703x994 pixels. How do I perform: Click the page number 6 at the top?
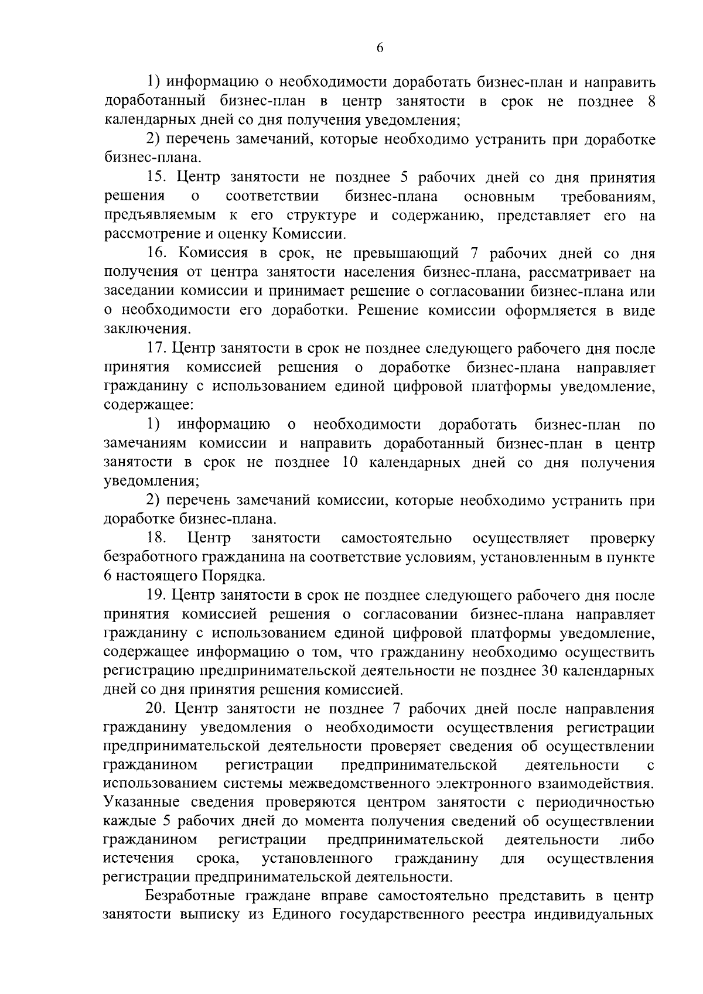(x=380, y=49)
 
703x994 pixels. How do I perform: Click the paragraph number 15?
(x=156, y=177)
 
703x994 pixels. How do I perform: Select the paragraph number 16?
(x=156, y=254)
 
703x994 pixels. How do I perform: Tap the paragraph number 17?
(x=156, y=349)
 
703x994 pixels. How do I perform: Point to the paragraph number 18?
(x=156, y=538)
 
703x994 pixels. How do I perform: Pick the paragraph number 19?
(x=156, y=595)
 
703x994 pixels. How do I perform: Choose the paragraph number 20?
(x=156, y=709)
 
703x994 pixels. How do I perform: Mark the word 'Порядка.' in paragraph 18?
(x=234, y=576)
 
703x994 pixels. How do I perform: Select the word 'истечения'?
(x=138, y=859)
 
